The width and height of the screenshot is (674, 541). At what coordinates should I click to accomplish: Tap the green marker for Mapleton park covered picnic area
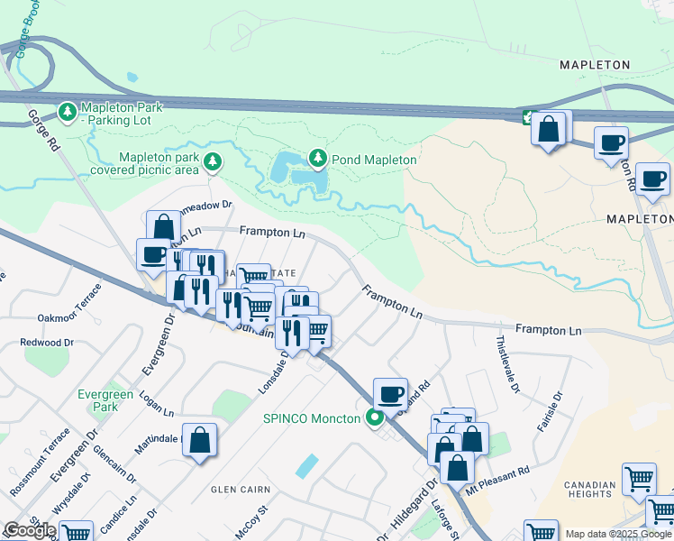[213, 162]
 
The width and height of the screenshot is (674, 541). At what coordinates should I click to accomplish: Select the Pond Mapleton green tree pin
[317, 159]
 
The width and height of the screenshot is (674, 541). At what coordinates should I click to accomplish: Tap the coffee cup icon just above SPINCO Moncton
[390, 394]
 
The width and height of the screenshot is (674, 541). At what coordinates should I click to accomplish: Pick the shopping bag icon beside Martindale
[200, 441]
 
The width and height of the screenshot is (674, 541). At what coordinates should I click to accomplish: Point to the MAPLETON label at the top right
[594, 65]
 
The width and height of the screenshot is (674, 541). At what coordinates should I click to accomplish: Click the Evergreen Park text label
[105, 400]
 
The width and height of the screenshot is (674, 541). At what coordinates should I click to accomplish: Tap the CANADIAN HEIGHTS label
[589, 490]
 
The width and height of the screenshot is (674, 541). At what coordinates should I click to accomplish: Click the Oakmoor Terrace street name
[70, 317]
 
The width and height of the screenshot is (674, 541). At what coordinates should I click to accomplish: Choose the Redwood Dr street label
[49, 343]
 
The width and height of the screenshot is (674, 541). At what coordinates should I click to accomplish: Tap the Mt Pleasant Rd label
[497, 483]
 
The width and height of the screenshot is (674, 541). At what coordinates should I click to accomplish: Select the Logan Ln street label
[156, 407]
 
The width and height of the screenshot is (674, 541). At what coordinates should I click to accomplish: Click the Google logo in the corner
[30, 530]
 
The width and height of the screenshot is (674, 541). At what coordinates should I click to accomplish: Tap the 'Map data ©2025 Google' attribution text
[617, 534]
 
